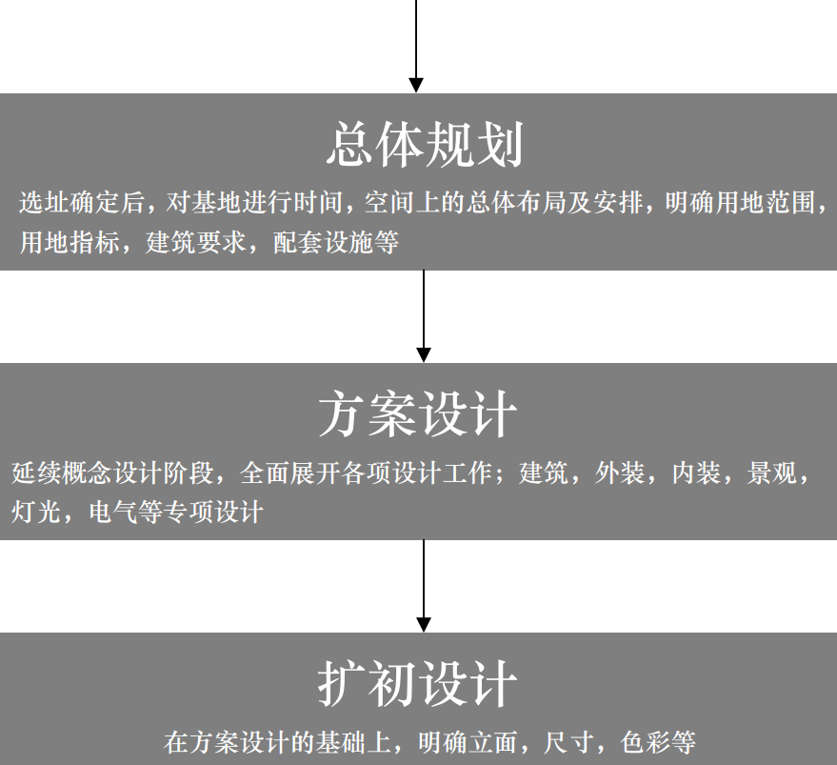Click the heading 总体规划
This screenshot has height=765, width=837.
tap(425, 144)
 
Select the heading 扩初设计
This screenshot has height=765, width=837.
tap(417, 684)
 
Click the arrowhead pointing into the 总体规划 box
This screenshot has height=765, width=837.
tap(416, 86)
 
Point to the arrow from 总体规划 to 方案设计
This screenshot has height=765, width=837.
tap(424, 316)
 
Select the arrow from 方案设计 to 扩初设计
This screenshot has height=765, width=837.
tap(424, 586)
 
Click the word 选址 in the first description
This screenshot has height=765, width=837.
tap(45, 203)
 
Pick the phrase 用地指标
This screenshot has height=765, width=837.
tap(70, 242)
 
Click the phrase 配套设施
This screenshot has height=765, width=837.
tap(324, 242)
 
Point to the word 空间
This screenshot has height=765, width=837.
tap(389, 203)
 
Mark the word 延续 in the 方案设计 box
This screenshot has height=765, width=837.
tap(36, 473)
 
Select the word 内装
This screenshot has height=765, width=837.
tap(696, 473)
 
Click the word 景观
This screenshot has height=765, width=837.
tap(772, 473)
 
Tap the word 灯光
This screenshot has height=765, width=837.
tap(36, 512)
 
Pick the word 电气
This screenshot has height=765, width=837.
tap(112, 512)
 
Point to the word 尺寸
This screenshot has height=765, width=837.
tap(569, 742)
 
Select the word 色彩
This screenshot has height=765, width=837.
tap(646, 742)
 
